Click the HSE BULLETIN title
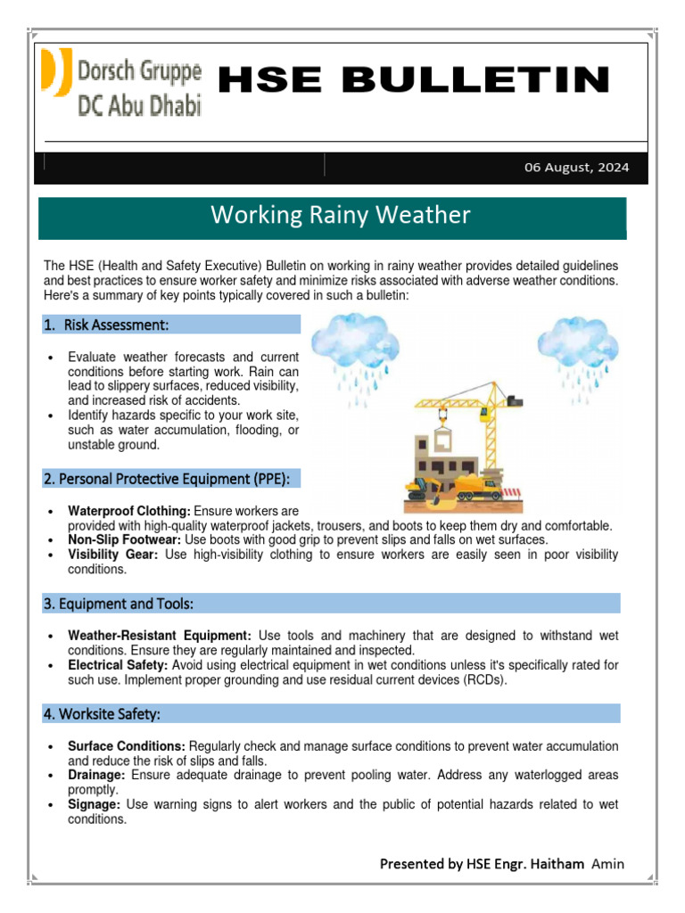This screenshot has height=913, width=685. pos(414,80)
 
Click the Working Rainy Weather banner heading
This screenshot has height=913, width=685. pos(339,216)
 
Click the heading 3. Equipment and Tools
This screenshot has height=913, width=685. pos(118,604)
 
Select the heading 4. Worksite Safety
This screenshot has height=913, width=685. pos(102,713)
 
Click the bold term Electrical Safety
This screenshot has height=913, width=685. pos(118,665)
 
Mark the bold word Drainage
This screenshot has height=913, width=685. pos(95,775)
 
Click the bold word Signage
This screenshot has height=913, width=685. pos(95,804)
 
